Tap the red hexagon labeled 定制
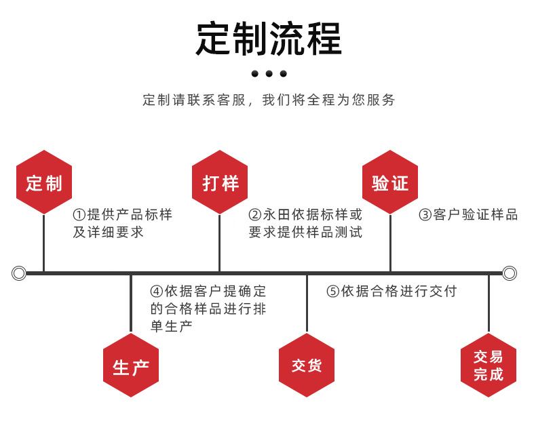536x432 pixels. pyautogui.click(x=44, y=182)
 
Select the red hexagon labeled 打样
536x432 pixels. pyautogui.click(x=220, y=182)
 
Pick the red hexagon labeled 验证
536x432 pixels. pyautogui.click(x=390, y=182)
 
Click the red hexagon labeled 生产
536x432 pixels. pyautogui.click(x=131, y=366)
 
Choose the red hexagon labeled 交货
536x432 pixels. pyautogui.click(x=307, y=366)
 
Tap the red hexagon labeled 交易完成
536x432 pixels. pyautogui.click(x=489, y=366)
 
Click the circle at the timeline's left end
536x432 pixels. pyautogui.click(x=19, y=273)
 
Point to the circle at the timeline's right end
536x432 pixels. pyautogui.click(x=510, y=273)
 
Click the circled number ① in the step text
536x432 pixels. pyautogui.click(x=79, y=215)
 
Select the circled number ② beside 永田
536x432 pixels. pyautogui.click(x=255, y=215)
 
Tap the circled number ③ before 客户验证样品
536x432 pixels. pyautogui.click(x=425, y=215)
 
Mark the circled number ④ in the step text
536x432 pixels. pyautogui.click(x=157, y=292)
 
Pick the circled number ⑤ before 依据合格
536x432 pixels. pyautogui.click(x=332, y=292)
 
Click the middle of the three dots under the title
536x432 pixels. pyautogui.click(x=269, y=73)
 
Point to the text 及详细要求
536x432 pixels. pyautogui.click(x=108, y=233)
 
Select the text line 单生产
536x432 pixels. pyautogui.click(x=171, y=326)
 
